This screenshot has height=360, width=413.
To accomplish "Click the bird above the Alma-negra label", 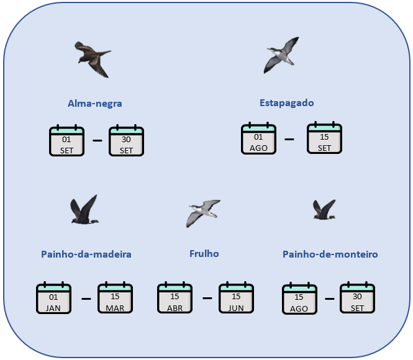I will click(93, 59).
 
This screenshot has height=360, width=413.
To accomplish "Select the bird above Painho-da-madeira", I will click(84, 210).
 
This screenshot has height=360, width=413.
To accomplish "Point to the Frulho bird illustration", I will click(204, 212).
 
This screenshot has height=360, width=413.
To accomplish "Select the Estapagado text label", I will click(287, 102).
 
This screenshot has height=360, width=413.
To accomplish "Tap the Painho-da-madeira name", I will click(86, 254).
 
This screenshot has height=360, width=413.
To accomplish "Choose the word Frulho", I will click(204, 253).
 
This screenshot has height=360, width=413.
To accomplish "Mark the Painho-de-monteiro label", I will click(330, 254).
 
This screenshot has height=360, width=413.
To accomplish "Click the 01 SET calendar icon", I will click(66, 141).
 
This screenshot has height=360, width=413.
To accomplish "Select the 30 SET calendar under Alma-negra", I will click(126, 141).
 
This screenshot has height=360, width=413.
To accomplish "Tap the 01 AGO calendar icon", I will click(258, 138).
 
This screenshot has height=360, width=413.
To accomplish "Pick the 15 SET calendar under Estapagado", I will click(324, 138).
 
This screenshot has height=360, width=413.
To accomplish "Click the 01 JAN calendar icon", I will click(53, 299).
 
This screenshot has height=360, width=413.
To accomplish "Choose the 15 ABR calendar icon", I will click(175, 299).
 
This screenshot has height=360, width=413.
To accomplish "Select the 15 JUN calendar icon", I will click(236, 299).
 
